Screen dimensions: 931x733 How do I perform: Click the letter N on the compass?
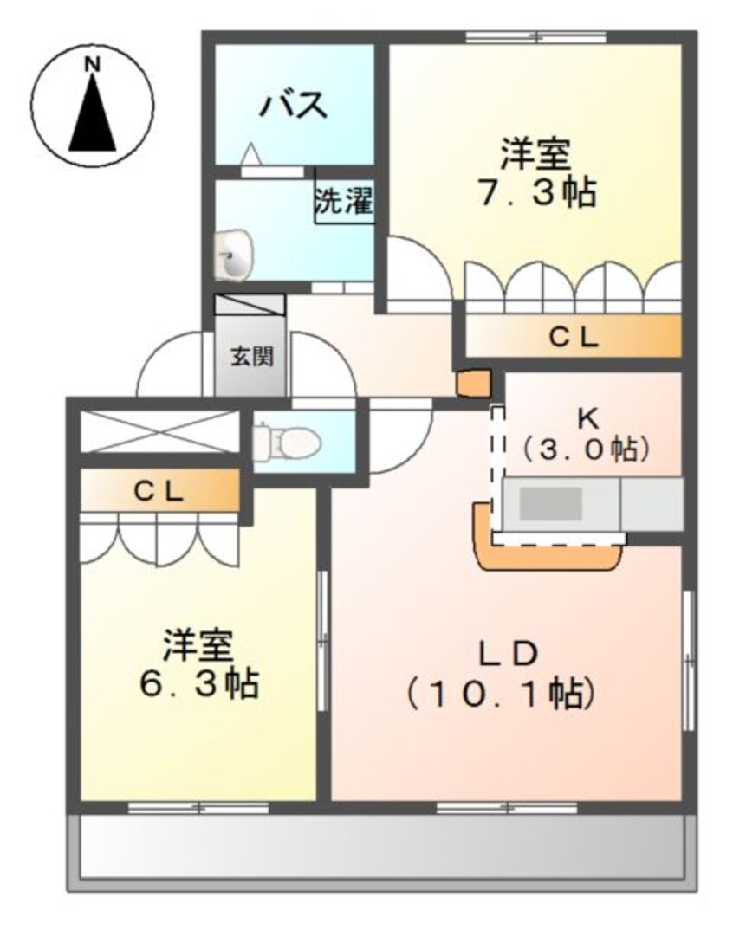click(x=93, y=64)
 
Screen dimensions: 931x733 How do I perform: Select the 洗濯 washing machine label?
click(x=343, y=203)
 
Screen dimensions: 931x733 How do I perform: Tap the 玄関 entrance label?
click(x=251, y=356)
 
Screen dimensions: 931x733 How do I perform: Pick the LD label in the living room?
click(x=509, y=651)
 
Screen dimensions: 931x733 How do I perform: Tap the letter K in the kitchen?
click(x=588, y=417)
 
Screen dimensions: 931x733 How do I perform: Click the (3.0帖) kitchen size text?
click(x=587, y=449)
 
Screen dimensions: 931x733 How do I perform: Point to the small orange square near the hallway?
click(x=473, y=382)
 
